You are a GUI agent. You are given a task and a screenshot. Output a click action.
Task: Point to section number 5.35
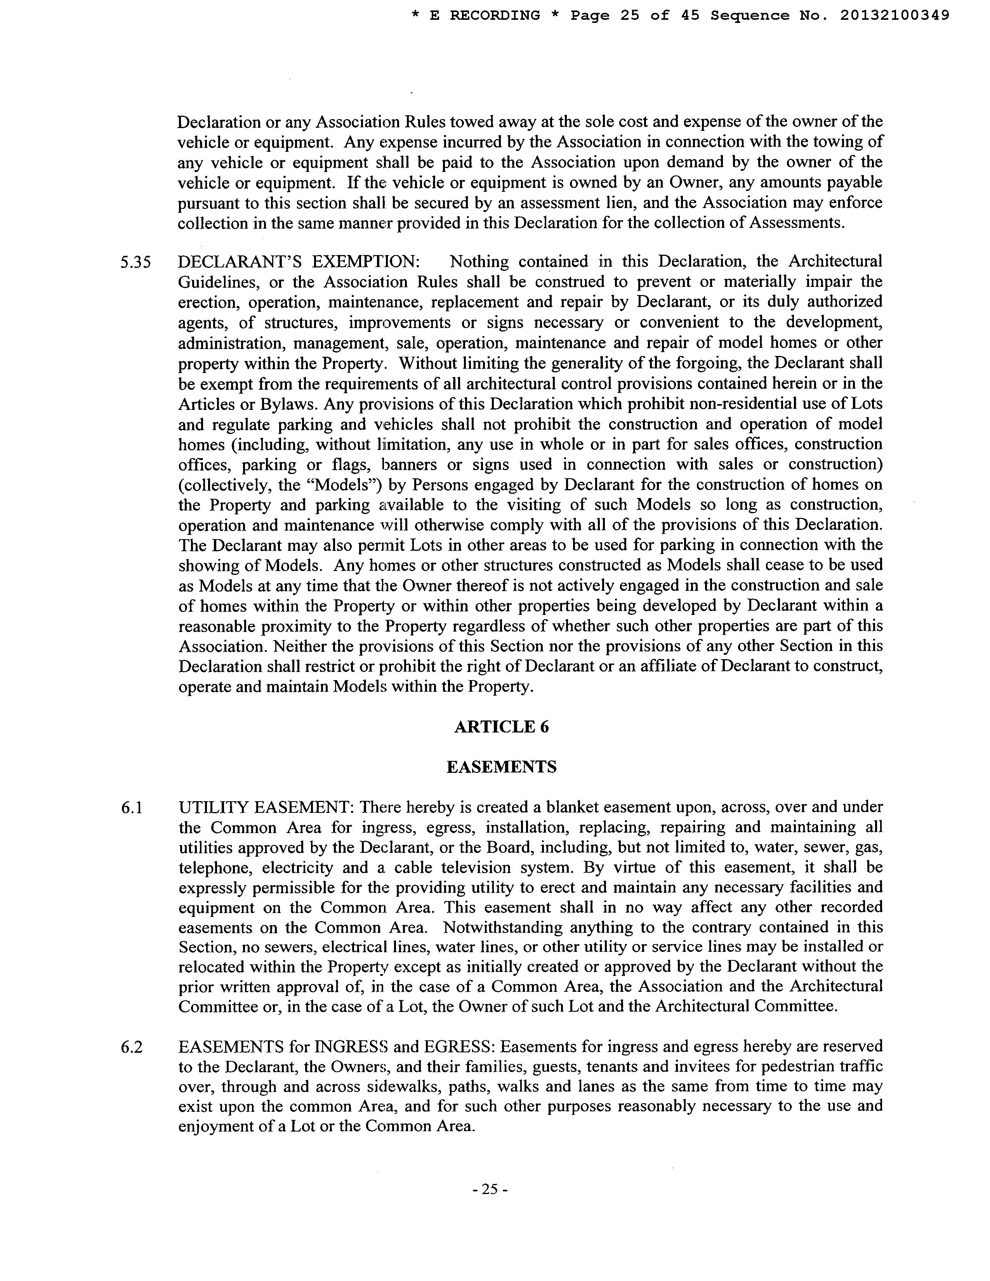pyautogui.click(x=135, y=262)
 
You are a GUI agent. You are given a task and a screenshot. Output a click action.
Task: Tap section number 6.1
pyautogui.click(x=131, y=808)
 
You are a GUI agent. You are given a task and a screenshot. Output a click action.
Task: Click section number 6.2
pyautogui.click(x=131, y=1047)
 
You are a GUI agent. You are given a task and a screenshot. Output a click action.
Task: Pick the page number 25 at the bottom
pyautogui.click(x=489, y=1190)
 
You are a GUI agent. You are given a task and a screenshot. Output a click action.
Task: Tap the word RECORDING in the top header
pyautogui.click(x=494, y=16)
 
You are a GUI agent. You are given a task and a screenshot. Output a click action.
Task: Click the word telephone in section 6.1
pyautogui.click(x=215, y=868)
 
